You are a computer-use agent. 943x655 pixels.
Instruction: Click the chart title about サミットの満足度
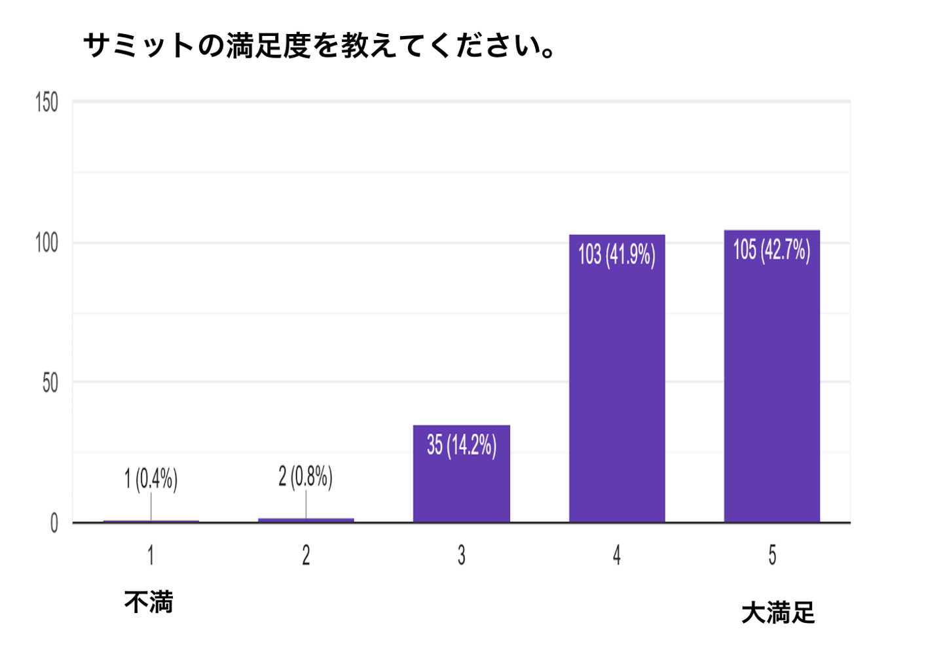(x=320, y=46)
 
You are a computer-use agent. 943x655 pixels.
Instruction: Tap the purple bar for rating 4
(x=617, y=393)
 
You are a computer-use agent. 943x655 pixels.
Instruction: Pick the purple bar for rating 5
(x=771, y=393)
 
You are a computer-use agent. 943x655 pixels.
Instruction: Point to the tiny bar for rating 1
(x=151, y=521)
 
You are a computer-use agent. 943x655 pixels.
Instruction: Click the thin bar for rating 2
(x=306, y=520)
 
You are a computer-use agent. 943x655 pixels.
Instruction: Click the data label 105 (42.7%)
(x=771, y=249)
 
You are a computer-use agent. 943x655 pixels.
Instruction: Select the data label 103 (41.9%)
(x=617, y=255)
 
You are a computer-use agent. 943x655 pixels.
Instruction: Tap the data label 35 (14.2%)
(x=461, y=445)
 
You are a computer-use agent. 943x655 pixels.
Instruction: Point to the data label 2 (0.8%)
(x=306, y=476)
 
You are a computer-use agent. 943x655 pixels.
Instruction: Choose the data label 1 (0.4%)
(x=151, y=479)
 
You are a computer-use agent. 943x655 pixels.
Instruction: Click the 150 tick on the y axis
(x=46, y=103)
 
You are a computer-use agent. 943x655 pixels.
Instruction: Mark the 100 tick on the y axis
(x=46, y=243)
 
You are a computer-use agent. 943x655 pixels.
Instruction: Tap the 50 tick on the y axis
(x=50, y=383)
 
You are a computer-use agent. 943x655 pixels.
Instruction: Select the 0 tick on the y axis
(x=54, y=523)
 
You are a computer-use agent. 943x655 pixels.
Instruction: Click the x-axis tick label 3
(x=461, y=556)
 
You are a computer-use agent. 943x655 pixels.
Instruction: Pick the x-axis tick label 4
(x=617, y=556)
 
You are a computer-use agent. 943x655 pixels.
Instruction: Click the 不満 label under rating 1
(x=149, y=602)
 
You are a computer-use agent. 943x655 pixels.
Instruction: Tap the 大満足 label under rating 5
(x=778, y=613)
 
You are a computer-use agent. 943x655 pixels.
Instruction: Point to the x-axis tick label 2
(x=306, y=556)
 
